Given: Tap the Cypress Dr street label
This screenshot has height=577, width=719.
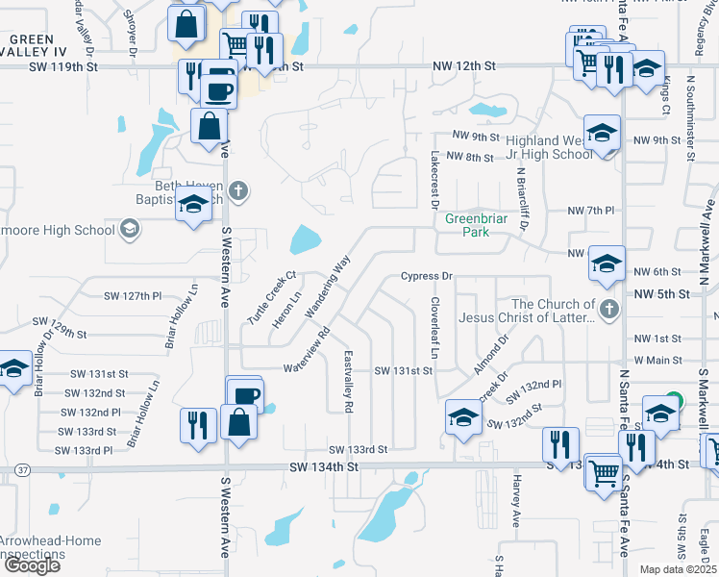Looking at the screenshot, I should [426, 277].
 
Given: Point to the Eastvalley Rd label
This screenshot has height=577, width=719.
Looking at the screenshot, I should [348, 381].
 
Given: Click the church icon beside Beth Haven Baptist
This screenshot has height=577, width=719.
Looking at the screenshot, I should [239, 191].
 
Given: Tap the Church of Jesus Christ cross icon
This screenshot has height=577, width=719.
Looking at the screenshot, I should [607, 310].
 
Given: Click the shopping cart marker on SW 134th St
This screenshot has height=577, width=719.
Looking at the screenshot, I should [603, 471].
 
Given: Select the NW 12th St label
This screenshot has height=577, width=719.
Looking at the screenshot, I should [463, 65].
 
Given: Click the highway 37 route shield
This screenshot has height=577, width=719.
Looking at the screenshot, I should [21, 469].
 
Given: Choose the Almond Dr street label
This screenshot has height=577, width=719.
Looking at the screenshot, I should [490, 356].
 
